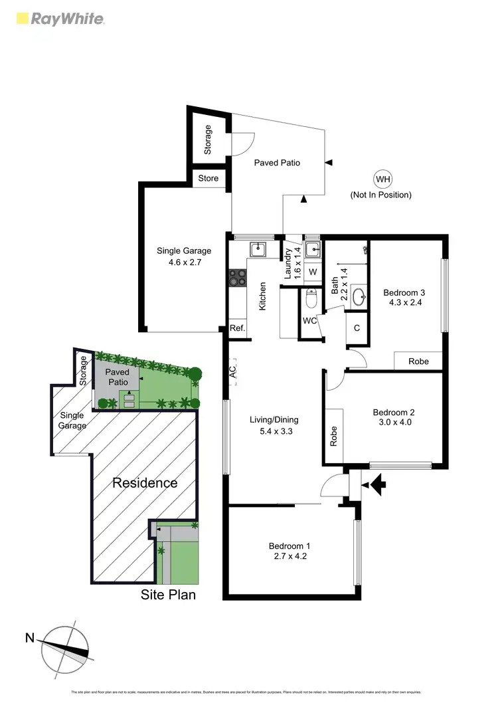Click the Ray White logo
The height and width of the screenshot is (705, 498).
(x=59, y=19)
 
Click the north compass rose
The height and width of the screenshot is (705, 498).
(x=65, y=644)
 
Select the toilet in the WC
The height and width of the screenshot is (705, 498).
(x=311, y=300)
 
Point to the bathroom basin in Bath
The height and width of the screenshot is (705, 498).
(x=359, y=296)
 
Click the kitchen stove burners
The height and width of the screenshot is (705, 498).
(x=236, y=277)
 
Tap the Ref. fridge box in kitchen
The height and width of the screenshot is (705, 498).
(x=237, y=328)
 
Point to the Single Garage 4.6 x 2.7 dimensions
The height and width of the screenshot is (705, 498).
(x=184, y=262)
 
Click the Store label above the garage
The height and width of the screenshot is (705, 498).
(x=208, y=178)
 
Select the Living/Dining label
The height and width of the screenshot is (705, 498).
(x=274, y=419)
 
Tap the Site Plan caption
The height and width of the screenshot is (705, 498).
(x=168, y=595)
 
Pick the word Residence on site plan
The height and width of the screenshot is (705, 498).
(x=144, y=483)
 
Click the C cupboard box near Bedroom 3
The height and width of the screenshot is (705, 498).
(x=357, y=328)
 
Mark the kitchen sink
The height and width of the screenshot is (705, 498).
(x=258, y=249)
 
